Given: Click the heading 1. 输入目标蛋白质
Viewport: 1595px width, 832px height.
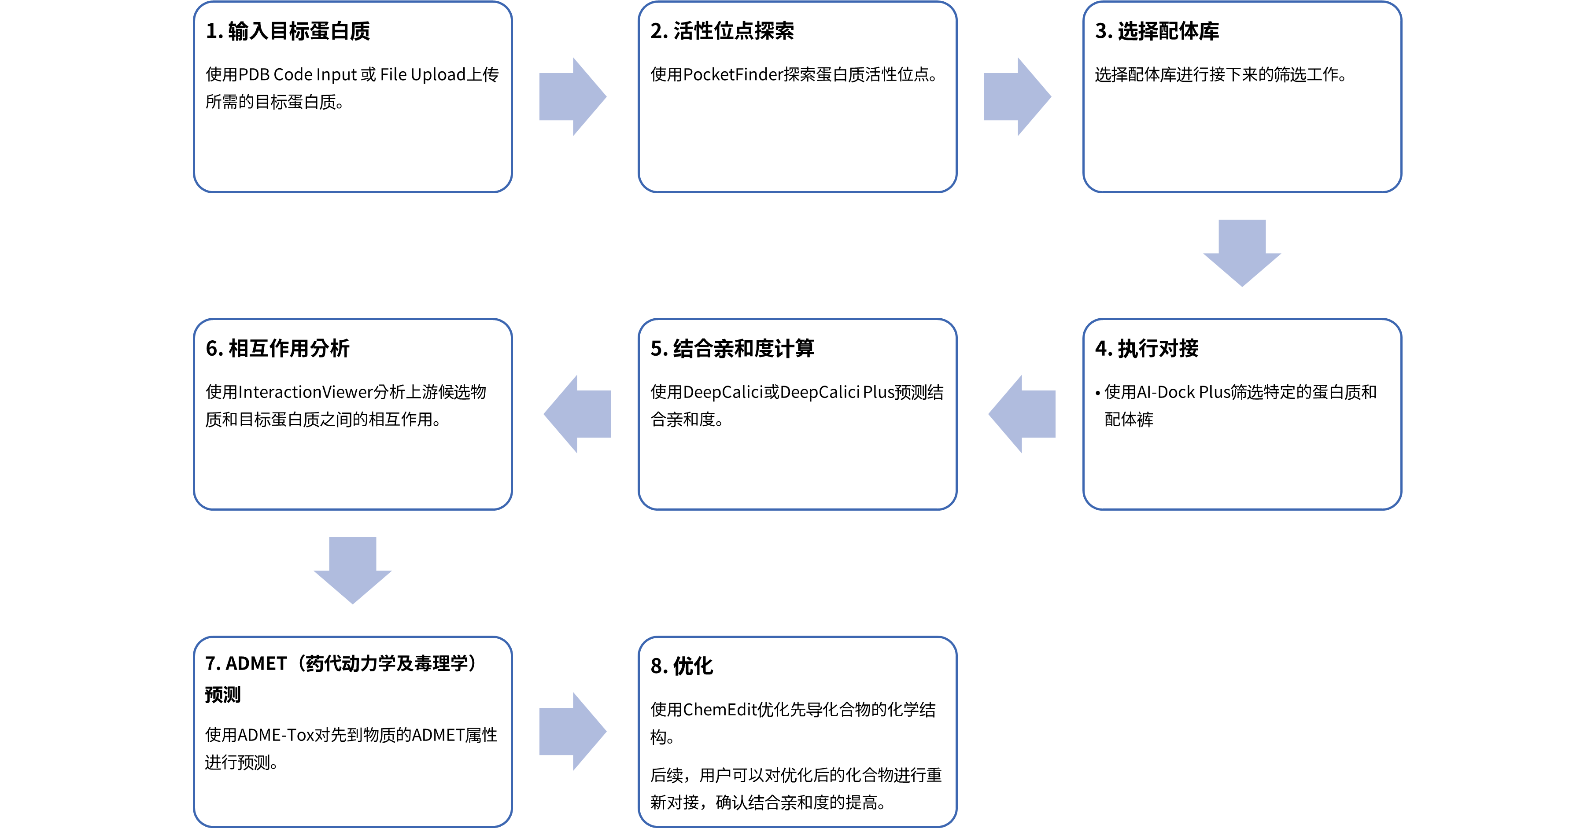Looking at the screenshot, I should [288, 31].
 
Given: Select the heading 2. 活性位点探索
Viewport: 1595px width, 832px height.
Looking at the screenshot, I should [722, 31].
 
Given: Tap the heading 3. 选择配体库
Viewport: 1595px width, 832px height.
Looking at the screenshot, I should [1157, 31].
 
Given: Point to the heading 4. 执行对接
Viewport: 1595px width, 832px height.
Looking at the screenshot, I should [1147, 349].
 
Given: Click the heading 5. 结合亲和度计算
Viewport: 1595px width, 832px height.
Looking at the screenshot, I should [732, 349].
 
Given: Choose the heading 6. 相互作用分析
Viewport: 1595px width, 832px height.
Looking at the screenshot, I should [277, 349].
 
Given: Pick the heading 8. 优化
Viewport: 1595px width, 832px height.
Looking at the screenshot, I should [681, 666].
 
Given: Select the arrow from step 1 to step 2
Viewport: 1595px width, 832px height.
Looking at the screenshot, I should [572, 96].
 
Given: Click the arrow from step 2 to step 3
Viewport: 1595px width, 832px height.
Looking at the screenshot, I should [1017, 96].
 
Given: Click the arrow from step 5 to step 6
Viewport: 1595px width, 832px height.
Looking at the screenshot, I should [578, 414].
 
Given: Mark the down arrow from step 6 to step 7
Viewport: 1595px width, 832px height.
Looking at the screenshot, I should [352, 570].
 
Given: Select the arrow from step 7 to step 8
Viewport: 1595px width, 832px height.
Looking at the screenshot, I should [572, 732].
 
